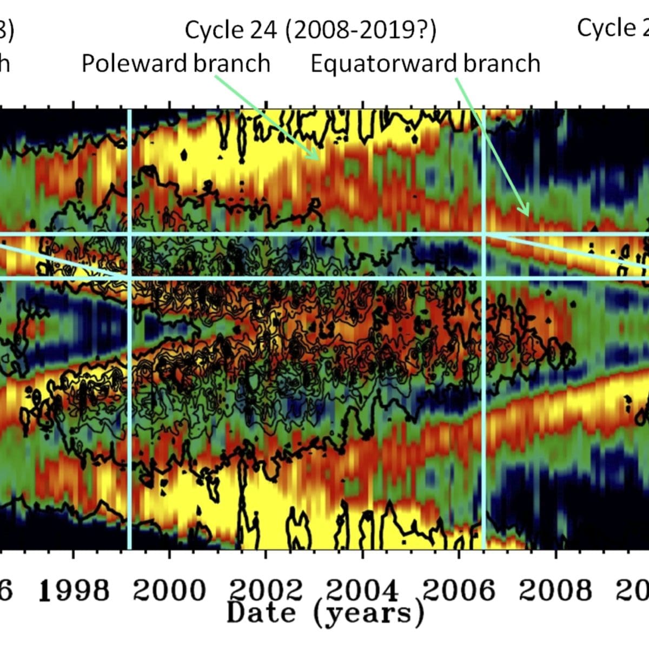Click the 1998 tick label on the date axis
75,590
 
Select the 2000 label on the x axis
169,590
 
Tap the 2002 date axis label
266,590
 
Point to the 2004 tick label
362,590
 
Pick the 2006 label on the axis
459,590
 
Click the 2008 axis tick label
555,590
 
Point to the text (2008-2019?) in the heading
361,30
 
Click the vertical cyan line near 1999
129,379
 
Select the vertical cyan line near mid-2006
484,379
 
